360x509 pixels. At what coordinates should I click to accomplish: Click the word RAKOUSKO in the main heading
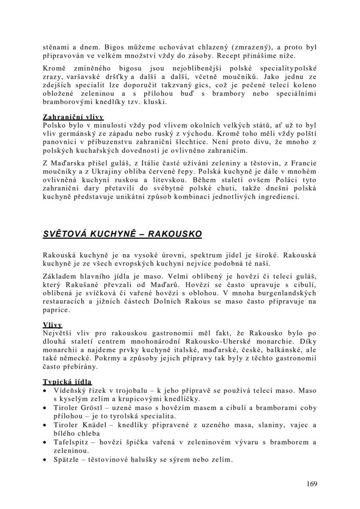coord(175,234)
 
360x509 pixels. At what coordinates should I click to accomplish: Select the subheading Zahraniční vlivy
coord(73,117)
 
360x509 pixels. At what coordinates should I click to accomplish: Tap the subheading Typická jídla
coord(67,382)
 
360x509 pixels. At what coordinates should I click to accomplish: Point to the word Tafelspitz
coord(70,442)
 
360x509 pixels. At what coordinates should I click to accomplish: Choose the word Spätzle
coord(65,459)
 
